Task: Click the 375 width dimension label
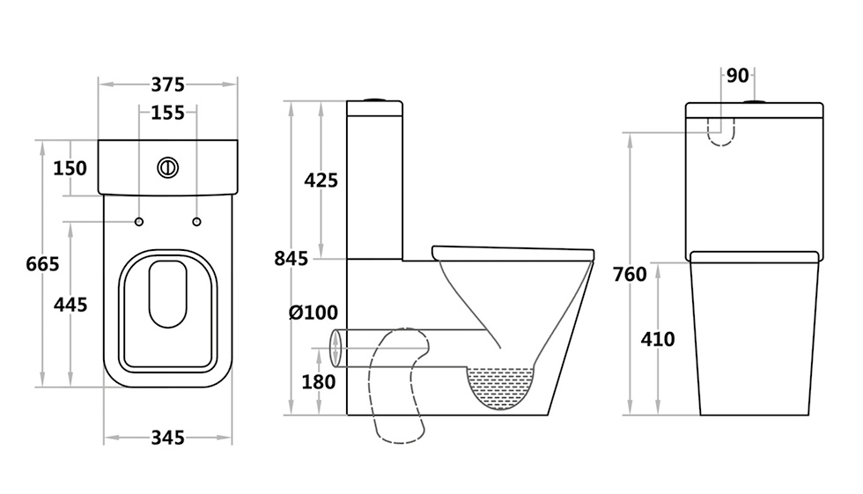[x=168, y=85]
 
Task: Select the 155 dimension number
[x=168, y=113]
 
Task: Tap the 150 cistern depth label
[x=70, y=168]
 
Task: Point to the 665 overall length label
[x=42, y=264]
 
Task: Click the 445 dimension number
[x=70, y=304]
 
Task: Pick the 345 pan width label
[x=168, y=438]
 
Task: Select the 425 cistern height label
[x=321, y=180]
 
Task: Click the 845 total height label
[x=291, y=259]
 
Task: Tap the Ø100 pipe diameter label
[x=313, y=313]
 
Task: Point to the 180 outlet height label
[x=319, y=382]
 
